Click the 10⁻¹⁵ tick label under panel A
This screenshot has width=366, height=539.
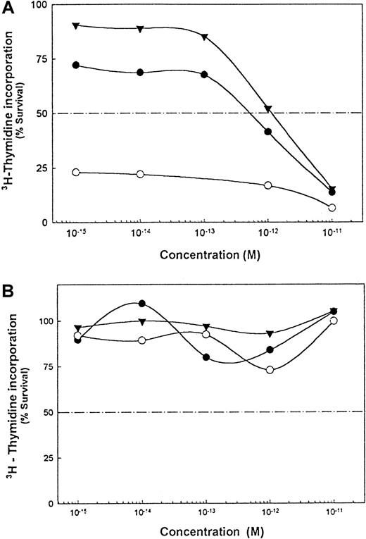(x=75, y=232)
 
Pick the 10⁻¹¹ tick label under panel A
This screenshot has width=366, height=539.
(x=332, y=232)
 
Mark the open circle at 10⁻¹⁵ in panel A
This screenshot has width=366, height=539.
(x=76, y=172)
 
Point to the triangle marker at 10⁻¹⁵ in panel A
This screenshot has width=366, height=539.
(x=76, y=26)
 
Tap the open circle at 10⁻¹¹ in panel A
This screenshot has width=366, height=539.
(x=332, y=207)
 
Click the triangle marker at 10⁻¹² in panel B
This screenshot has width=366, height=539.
(x=269, y=334)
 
